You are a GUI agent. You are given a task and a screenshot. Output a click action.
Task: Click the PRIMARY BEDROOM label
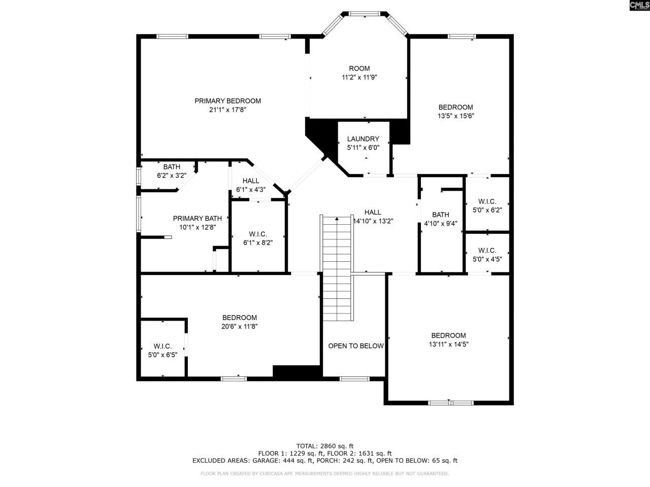(227, 101)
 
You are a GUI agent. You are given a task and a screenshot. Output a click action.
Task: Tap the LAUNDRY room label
(363, 139)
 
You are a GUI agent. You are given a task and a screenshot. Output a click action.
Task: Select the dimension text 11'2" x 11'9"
(359, 78)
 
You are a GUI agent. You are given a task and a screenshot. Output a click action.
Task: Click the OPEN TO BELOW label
(355, 346)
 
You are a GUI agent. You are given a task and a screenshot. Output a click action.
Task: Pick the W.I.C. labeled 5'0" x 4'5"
(487, 255)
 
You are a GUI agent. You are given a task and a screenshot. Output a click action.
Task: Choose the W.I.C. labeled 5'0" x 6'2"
(487, 205)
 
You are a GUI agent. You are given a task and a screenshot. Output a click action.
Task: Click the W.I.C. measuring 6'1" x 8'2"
(258, 238)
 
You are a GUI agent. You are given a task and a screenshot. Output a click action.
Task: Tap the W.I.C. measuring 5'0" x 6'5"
(162, 351)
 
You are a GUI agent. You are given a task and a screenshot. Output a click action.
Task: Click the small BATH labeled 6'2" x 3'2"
(172, 171)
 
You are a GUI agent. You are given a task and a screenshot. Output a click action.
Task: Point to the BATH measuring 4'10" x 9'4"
(440, 219)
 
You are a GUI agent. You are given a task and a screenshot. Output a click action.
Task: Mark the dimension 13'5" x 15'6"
(456, 116)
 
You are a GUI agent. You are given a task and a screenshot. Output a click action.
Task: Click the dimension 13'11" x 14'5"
(448, 344)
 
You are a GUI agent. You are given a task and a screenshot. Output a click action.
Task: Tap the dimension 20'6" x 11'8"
(239, 327)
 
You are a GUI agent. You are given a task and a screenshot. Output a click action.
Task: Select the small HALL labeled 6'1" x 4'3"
(251, 185)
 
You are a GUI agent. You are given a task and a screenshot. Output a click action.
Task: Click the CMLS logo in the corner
(639, 6)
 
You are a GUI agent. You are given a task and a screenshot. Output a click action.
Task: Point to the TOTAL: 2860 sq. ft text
(325, 445)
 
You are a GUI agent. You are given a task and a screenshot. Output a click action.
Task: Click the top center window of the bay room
(365, 14)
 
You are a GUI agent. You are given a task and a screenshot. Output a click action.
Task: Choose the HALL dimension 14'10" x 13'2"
(373, 221)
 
